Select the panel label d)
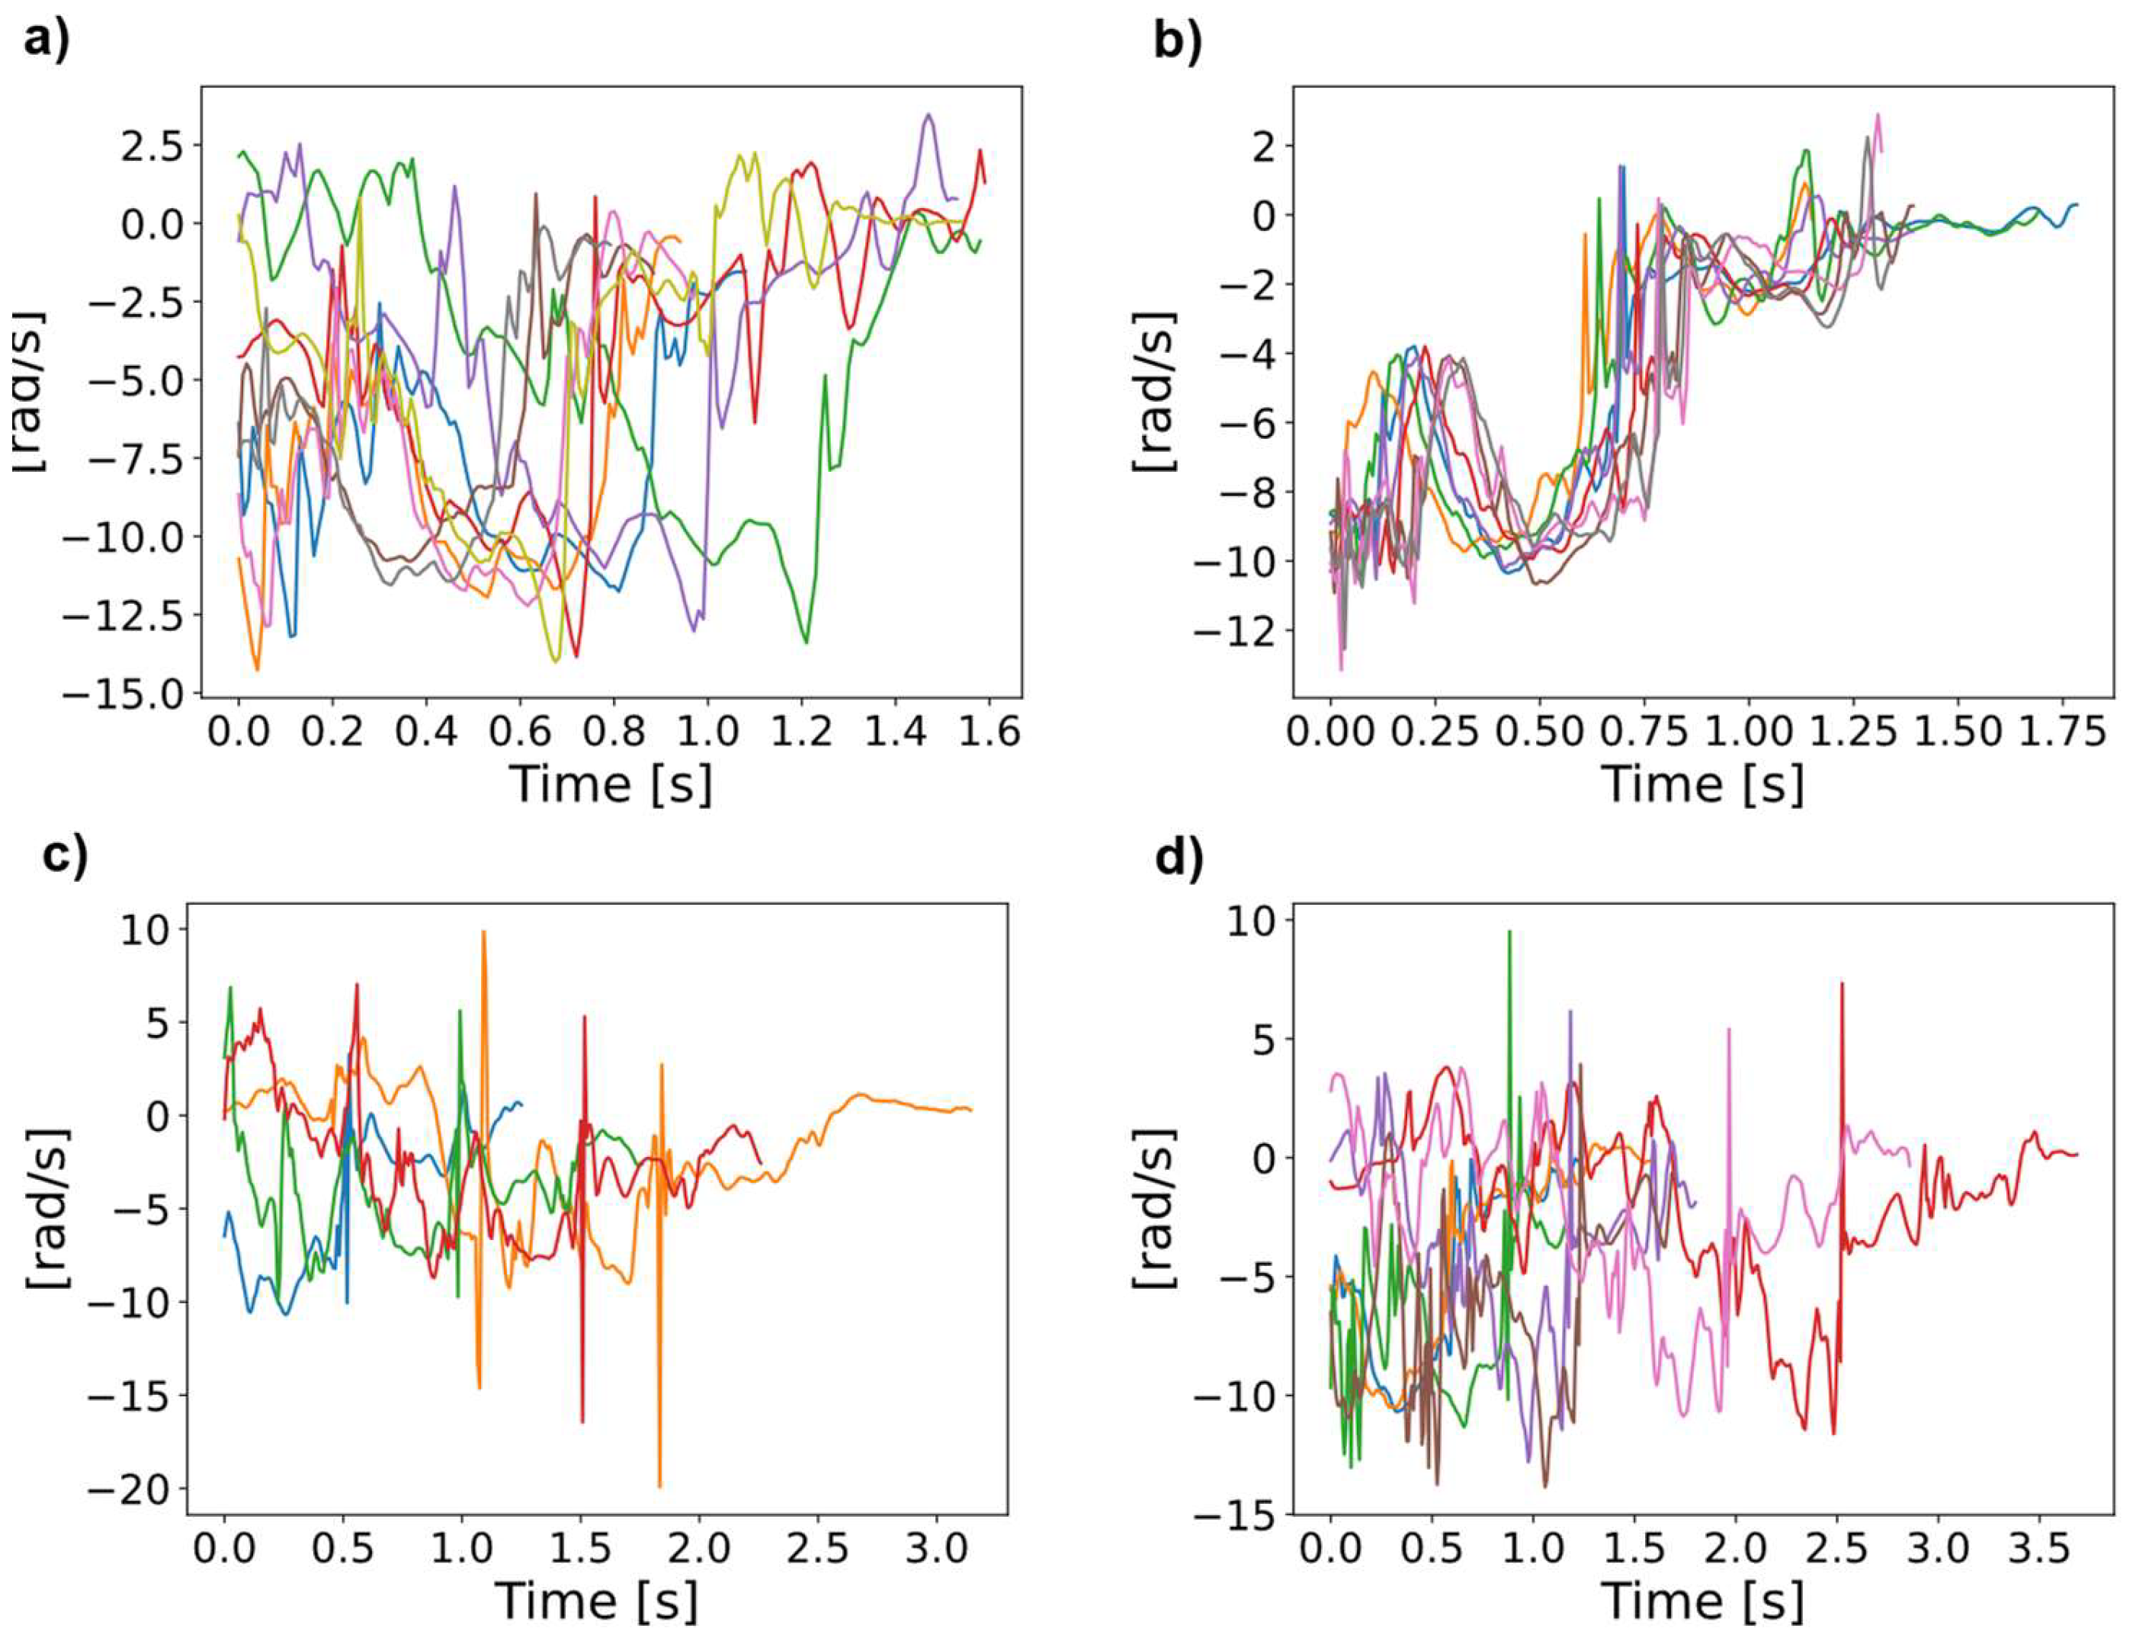tap(1178, 857)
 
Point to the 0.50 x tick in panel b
tap(1538, 732)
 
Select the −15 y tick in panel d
tap(1236, 1515)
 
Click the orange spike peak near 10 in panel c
tap(483, 932)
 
